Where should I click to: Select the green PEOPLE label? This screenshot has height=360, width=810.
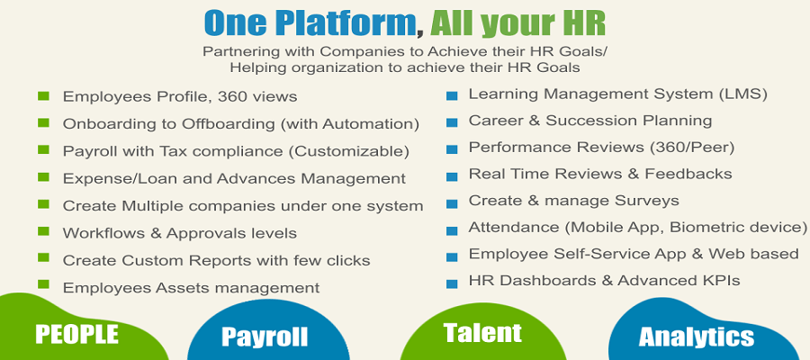(x=76, y=334)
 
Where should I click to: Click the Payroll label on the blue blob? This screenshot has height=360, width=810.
(x=265, y=337)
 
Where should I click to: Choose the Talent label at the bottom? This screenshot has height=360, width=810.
(x=482, y=332)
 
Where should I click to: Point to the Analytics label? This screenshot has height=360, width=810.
(x=696, y=337)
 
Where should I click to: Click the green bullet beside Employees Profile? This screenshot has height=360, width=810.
(x=43, y=95)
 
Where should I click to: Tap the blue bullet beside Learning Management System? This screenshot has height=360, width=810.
(x=451, y=94)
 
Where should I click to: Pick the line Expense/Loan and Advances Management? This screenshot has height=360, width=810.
(x=234, y=178)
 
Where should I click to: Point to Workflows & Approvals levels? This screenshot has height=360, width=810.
(x=179, y=233)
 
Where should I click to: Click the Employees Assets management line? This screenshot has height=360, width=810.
(x=191, y=288)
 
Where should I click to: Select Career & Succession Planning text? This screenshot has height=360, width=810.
(x=590, y=120)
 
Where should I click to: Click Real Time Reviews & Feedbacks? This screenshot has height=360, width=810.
(x=600, y=174)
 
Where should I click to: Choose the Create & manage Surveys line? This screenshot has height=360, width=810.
(x=573, y=200)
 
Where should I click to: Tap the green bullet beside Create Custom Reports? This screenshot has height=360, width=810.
(x=43, y=259)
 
